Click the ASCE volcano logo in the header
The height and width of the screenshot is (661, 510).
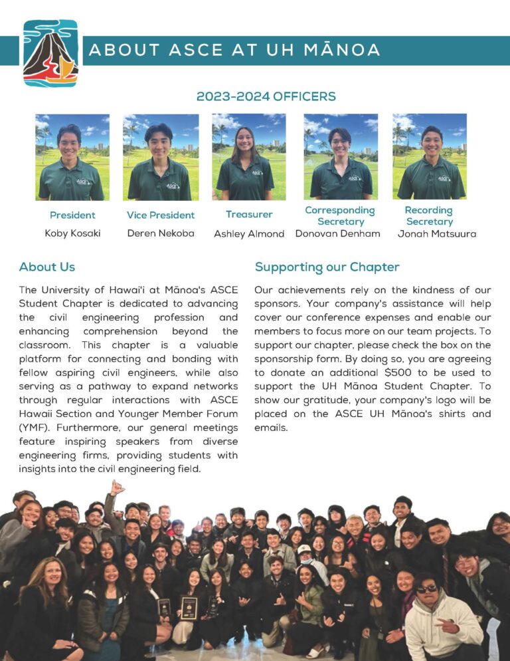coord(50,54)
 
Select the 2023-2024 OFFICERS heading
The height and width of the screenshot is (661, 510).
coord(266,96)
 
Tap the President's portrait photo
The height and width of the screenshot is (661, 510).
coord(72,158)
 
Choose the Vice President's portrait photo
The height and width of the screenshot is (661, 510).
coord(161,158)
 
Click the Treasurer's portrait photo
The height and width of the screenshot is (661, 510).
coord(249,157)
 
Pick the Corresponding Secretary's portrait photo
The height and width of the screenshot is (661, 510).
coord(341,157)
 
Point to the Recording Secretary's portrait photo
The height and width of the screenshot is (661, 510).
coord(429,157)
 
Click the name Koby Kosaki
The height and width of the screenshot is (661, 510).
coord(72,233)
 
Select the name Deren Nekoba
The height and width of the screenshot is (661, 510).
coord(161,233)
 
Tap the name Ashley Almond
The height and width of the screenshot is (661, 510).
coord(249,234)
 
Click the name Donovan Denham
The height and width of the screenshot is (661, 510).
coord(338,233)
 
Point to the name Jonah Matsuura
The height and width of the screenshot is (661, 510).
coord(437,234)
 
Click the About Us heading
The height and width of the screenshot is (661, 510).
coord(47,267)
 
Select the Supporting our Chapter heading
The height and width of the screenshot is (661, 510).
coord(327,267)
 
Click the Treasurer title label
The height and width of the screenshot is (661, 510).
coord(249,214)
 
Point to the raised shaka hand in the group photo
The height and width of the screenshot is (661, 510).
coord(116,487)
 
